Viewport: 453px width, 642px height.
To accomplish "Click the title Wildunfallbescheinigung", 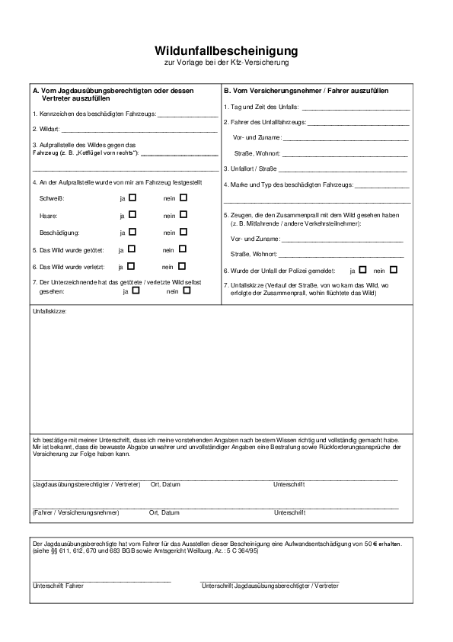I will pyautogui.click(x=226, y=50).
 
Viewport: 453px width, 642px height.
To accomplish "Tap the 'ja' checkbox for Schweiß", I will pyautogui.click(x=132, y=197).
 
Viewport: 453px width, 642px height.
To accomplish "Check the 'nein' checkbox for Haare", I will pyautogui.click(x=183, y=215).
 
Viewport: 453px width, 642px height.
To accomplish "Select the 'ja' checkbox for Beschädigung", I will pyautogui.click(x=132, y=232).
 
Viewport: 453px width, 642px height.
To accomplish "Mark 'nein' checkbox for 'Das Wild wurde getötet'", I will pyautogui.click(x=183, y=249).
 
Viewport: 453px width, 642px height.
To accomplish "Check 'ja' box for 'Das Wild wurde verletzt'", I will pyautogui.click(x=131, y=266).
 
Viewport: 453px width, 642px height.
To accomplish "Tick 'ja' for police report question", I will pyautogui.click(x=362, y=269).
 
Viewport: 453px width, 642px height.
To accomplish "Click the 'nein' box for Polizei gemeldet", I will pyautogui.click(x=394, y=269).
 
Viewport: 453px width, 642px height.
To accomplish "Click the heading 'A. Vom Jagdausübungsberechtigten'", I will pyautogui.click(x=113, y=91).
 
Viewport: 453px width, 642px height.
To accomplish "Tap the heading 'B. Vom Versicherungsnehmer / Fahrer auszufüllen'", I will pyautogui.click(x=306, y=91).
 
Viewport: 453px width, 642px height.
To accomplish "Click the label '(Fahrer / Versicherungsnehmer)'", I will pyautogui.click(x=76, y=512).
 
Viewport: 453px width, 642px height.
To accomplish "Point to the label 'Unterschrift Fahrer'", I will pyautogui.click(x=58, y=586).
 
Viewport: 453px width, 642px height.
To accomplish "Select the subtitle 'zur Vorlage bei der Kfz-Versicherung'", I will pyautogui.click(x=226, y=62).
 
